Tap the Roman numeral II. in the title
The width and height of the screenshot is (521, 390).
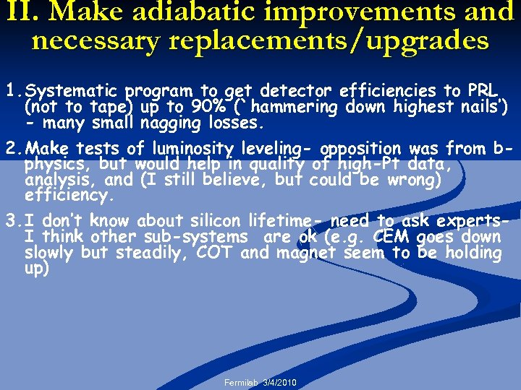(22, 12)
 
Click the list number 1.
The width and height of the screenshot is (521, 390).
(12, 92)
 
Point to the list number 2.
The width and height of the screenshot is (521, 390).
(12, 149)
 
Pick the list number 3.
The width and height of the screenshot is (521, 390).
(12, 221)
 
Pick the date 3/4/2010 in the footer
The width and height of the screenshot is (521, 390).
(281, 382)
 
